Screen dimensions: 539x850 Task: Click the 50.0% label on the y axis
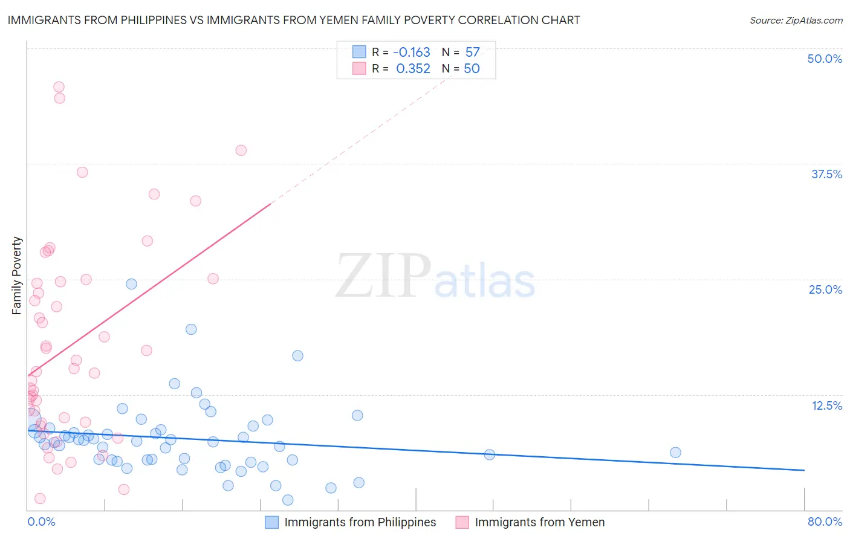coord(825,59)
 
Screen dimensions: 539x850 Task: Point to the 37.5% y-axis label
coord(826,174)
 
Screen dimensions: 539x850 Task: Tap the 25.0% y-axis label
coord(825,289)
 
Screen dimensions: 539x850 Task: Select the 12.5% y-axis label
coord(826,405)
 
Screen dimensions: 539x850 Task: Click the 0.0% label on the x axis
coord(41,521)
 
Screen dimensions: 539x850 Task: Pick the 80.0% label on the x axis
coord(825,521)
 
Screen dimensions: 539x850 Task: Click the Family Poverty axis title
coord(17,276)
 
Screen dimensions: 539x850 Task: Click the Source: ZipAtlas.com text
coord(796,20)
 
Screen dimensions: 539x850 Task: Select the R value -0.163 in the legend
coord(412,52)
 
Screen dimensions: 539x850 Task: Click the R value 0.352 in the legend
coord(413,68)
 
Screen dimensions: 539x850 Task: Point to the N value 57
coord(472,52)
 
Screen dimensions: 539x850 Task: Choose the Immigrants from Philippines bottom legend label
coord(360,522)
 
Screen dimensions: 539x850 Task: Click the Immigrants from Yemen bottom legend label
coord(539,522)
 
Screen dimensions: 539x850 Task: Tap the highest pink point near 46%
coord(59,87)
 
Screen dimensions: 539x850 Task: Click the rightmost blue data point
coord(675,453)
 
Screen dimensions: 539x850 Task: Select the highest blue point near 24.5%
coord(131,284)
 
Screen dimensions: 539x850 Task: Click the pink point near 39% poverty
coord(241,150)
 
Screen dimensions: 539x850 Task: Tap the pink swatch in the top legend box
coord(359,68)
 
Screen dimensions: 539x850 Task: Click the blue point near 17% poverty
coord(297,356)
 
